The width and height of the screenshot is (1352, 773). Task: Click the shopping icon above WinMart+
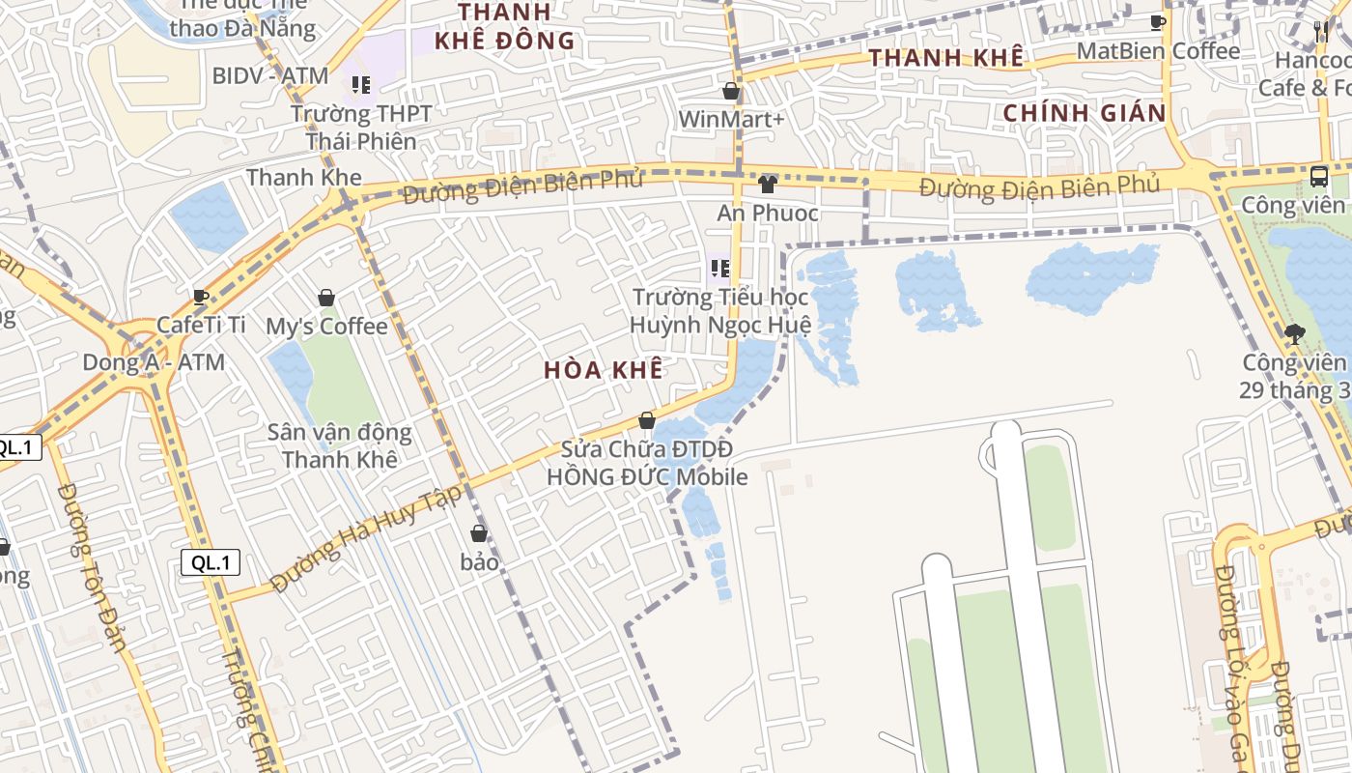click(x=731, y=92)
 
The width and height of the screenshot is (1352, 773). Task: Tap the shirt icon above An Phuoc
click(x=767, y=184)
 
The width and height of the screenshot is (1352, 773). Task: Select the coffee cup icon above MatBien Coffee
click(x=1158, y=22)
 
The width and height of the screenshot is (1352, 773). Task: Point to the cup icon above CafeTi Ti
click(x=201, y=297)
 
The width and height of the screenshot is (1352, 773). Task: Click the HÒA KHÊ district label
click(x=604, y=369)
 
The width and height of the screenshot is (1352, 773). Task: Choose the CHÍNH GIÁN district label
click(x=1084, y=113)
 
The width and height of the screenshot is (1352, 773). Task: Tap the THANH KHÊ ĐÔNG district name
click(x=505, y=26)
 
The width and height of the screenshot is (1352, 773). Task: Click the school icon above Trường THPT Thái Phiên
click(x=361, y=85)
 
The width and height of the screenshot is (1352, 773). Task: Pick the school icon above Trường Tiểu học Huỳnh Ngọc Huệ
click(x=719, y=268)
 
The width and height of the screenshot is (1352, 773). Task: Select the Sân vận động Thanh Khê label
click(x=340, y=445)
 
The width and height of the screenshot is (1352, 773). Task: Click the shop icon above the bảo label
click(x=479, y=533)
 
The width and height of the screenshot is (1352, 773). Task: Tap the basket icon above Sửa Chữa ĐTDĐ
click(x=647, y=421)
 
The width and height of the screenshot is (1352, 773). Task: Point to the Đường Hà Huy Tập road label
click(x=367, y=538)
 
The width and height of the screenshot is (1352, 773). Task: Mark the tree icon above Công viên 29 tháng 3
click(x=1294, y=334)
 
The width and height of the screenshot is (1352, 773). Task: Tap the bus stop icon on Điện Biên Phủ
click(x=1319, y=176)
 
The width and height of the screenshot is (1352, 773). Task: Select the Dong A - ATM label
click(x=154, y=362)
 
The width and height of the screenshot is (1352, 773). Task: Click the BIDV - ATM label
click(x=270, y=75)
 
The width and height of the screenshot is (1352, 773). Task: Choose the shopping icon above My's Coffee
click(x=326, y=298)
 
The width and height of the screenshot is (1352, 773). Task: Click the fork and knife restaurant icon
click(x=1321, y=32)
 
